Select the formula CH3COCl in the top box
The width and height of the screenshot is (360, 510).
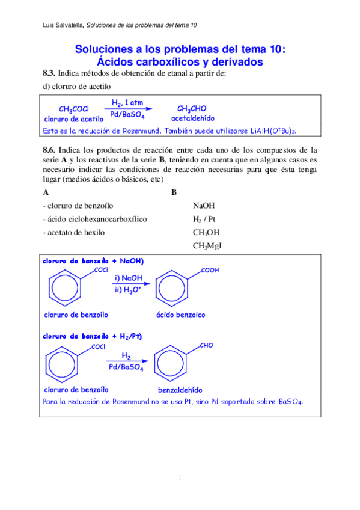click(74, 109)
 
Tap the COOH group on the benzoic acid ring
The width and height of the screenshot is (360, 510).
click(210, 271)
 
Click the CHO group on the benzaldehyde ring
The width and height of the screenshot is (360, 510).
click(206, 346)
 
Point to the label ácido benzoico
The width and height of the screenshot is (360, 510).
click(180, 315)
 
